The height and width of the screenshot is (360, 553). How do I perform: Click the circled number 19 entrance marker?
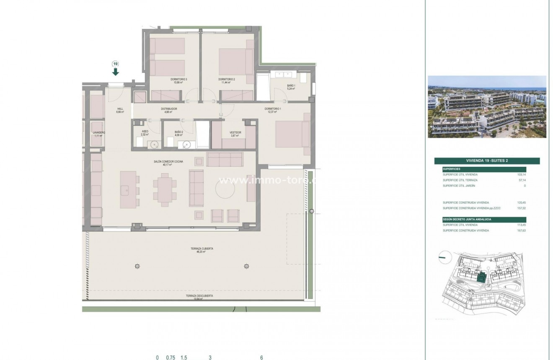116,64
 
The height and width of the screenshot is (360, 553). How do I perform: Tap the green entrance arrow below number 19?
116,72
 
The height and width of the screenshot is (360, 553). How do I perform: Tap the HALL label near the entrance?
120,110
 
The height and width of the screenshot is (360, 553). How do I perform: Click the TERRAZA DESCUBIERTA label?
199,296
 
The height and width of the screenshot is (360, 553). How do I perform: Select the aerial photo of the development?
487,106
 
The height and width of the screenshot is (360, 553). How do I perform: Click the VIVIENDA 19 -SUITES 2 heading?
487,161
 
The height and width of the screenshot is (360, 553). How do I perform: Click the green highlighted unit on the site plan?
480,277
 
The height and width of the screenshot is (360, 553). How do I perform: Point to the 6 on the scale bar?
261,357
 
